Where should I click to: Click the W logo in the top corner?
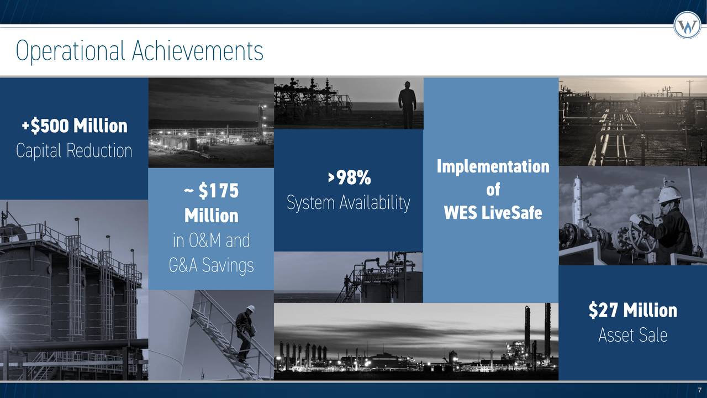tap(687, 25)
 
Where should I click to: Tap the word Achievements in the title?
tap(198, 51)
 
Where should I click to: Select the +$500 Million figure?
tap(75, 126)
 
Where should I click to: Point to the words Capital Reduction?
tap(74, 150)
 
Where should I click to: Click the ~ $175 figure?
tap(211, 191)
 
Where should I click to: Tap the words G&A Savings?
tap(211, 266)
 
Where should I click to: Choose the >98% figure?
tap(349, 178)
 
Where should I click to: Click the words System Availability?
tap(349, 203)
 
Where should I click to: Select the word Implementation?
tap(493, 166)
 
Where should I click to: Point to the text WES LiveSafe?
tap(493, 212)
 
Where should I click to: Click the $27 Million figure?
tap(632, 310)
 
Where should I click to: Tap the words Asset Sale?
tap(632, 335)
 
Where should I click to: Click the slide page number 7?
tap(699, 390)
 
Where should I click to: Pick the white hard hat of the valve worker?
tap(669, 194)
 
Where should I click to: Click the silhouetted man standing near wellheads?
tap(408, 103)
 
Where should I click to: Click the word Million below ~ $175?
tap(211, 216)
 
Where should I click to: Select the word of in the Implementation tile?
tap(493, 190)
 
